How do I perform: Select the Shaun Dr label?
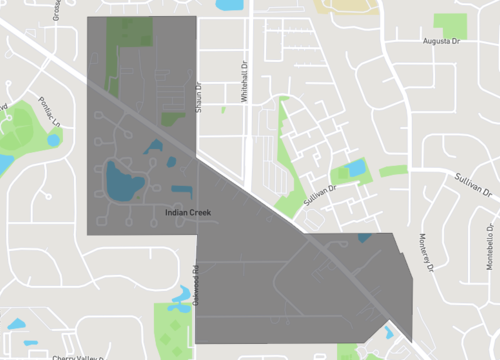click(x=199, y=97)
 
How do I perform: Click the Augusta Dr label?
click(x=444, y=41)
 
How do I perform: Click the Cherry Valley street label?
click(x=77, y=356)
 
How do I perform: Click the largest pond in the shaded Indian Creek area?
click(x=124, y=182)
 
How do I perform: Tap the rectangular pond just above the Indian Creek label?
click(x=182, y=189)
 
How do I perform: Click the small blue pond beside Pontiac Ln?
click(x=53, y=140)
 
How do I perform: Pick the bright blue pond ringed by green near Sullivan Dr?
click(x=354, y=168)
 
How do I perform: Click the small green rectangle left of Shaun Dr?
click(x=174, y=119)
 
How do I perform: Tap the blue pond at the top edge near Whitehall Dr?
click(x=229, y=4)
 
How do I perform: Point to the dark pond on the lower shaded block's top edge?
click(x=364, y=237)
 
